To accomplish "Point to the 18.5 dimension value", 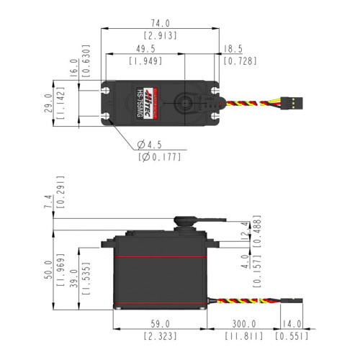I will pos(233,49).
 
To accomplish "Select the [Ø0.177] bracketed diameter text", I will pos(158,157).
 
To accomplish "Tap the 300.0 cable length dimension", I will pos(243,324).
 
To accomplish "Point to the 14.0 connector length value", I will pos(292,324).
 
